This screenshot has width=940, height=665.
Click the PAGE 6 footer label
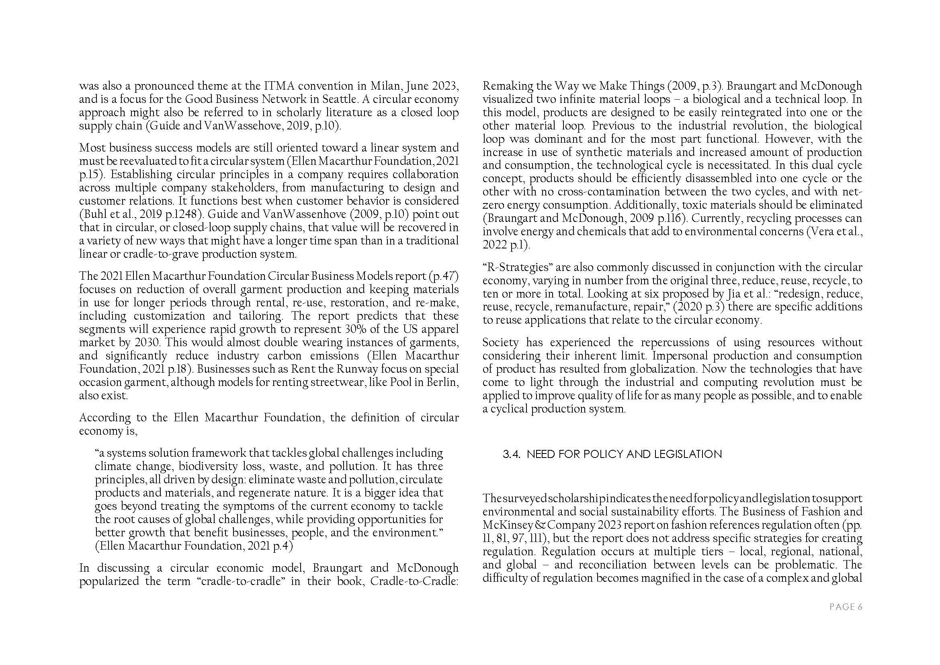pos(846,607)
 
